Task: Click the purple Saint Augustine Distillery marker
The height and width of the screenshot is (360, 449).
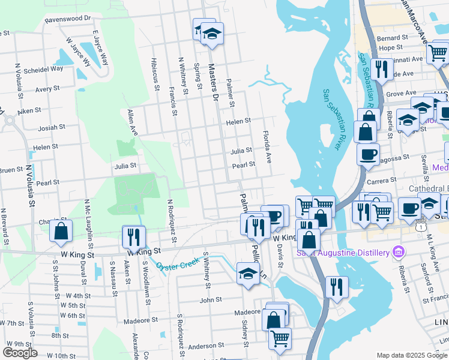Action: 397,250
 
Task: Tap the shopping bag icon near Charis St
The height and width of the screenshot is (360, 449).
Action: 61,231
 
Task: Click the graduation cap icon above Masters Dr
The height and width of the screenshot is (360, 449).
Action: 211,34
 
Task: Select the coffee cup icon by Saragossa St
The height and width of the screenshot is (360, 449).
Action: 367,154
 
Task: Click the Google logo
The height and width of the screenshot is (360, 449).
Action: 20,353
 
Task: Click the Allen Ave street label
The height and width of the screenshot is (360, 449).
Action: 132,122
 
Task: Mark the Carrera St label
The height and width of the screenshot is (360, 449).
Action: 382,180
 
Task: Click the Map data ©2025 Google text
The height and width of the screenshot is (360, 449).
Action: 411,355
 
